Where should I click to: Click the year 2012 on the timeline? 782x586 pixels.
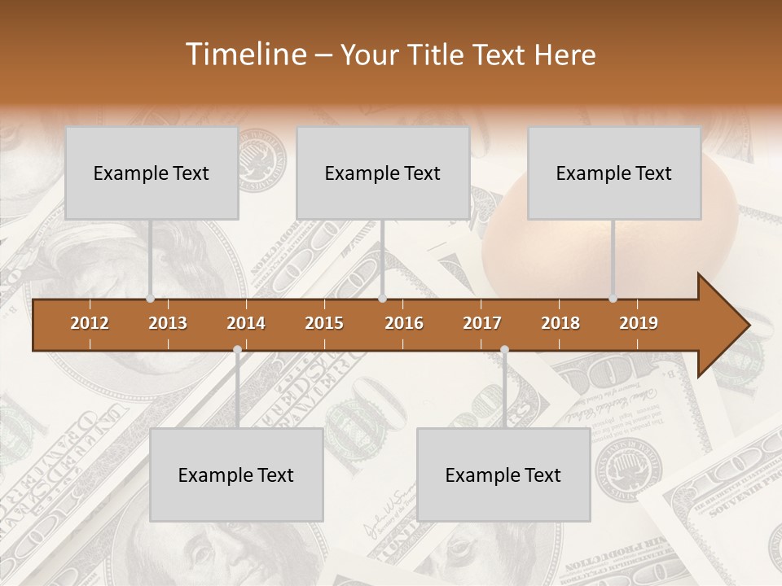[x=90, y=323]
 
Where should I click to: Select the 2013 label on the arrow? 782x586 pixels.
[x=168, y=323]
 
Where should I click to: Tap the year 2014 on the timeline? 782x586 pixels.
[x=246, y=323]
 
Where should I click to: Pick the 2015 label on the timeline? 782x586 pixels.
[x=324, y=323]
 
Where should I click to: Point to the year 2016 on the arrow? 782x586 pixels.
[x=404, y=323]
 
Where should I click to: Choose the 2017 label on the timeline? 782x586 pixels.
[x=482, y=323]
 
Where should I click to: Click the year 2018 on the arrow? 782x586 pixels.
[x=560, y=323]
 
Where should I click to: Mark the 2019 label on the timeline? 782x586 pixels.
[x=639, y=323]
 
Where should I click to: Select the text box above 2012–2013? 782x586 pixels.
[x=152, y=173]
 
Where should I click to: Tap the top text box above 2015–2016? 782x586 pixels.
[x=383, y=173]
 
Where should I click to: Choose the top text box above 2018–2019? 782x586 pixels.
[x=614, y=173]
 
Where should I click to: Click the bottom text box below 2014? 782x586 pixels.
[x=236, y=475]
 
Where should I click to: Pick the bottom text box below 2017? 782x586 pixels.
[x=503, y=475]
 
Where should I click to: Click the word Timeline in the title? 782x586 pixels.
[x=244, y=55]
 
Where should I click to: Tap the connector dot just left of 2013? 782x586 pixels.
[x=150, y=299]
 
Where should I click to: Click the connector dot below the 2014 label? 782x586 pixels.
[x=237, y=350]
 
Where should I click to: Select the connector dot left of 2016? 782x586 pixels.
[x=382, y=299]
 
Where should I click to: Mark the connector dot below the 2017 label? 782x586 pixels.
[x=504, y=350]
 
